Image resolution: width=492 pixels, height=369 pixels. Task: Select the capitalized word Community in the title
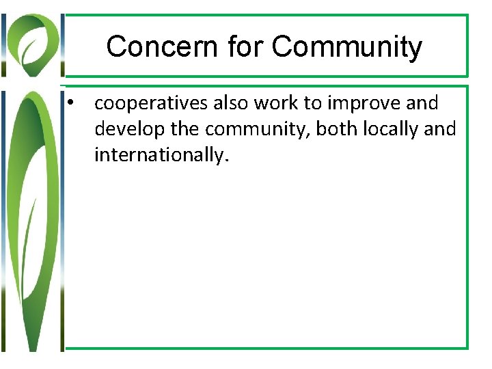click(347, 47)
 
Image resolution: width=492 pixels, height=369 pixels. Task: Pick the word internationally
click(160, 156)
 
